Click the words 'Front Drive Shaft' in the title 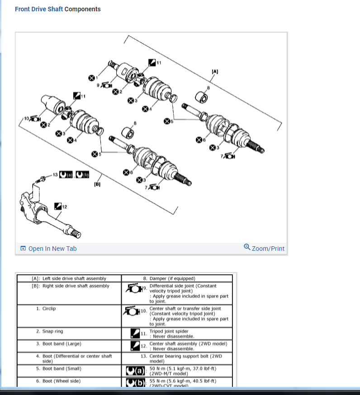(x=39, y=9)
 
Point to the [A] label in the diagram (x=215, y=71)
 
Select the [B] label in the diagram (x=97, y=184)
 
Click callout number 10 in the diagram (x=26, y=118)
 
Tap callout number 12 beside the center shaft (x=64, y=207)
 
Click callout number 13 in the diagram (x=55, y=174)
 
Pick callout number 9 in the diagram (x=98, y=84)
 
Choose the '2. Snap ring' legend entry (x=49, y=331)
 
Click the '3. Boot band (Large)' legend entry (x=58, y=343)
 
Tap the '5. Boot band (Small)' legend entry (x=59, y=368)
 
